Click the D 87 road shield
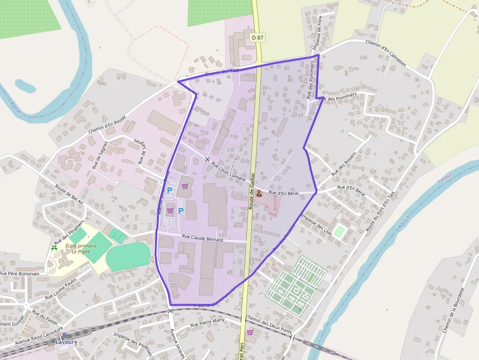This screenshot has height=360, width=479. (257, 38)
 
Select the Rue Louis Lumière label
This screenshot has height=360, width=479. (228, 172)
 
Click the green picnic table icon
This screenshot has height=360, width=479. (54, 248)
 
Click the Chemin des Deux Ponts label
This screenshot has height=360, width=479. (268, 324)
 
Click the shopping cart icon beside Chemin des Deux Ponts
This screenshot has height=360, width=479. (250, 332)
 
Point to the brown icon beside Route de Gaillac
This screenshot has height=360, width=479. (259, 194)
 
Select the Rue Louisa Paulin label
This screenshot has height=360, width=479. (61, 289)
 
